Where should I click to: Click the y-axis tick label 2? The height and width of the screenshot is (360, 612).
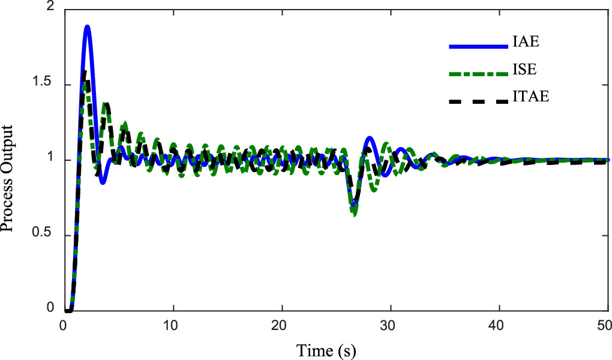pyautogui.click(x=50, y=7)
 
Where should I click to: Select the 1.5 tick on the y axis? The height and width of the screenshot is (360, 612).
pyautogui.click(x=44, y=84)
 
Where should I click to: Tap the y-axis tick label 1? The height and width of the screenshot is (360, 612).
pyautogui.click(x=50, y=160)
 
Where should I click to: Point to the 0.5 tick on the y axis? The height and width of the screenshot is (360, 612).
pyautogui.click(x=44, y=235)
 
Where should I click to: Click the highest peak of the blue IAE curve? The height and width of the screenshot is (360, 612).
pyautogui.click(x=87, y=26)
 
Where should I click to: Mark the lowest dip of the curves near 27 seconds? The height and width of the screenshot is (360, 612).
pyautogui.click(x=355, y=213)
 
